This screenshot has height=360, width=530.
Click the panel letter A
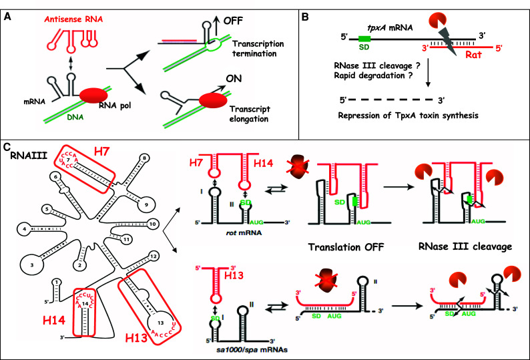(x=10, y=10)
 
